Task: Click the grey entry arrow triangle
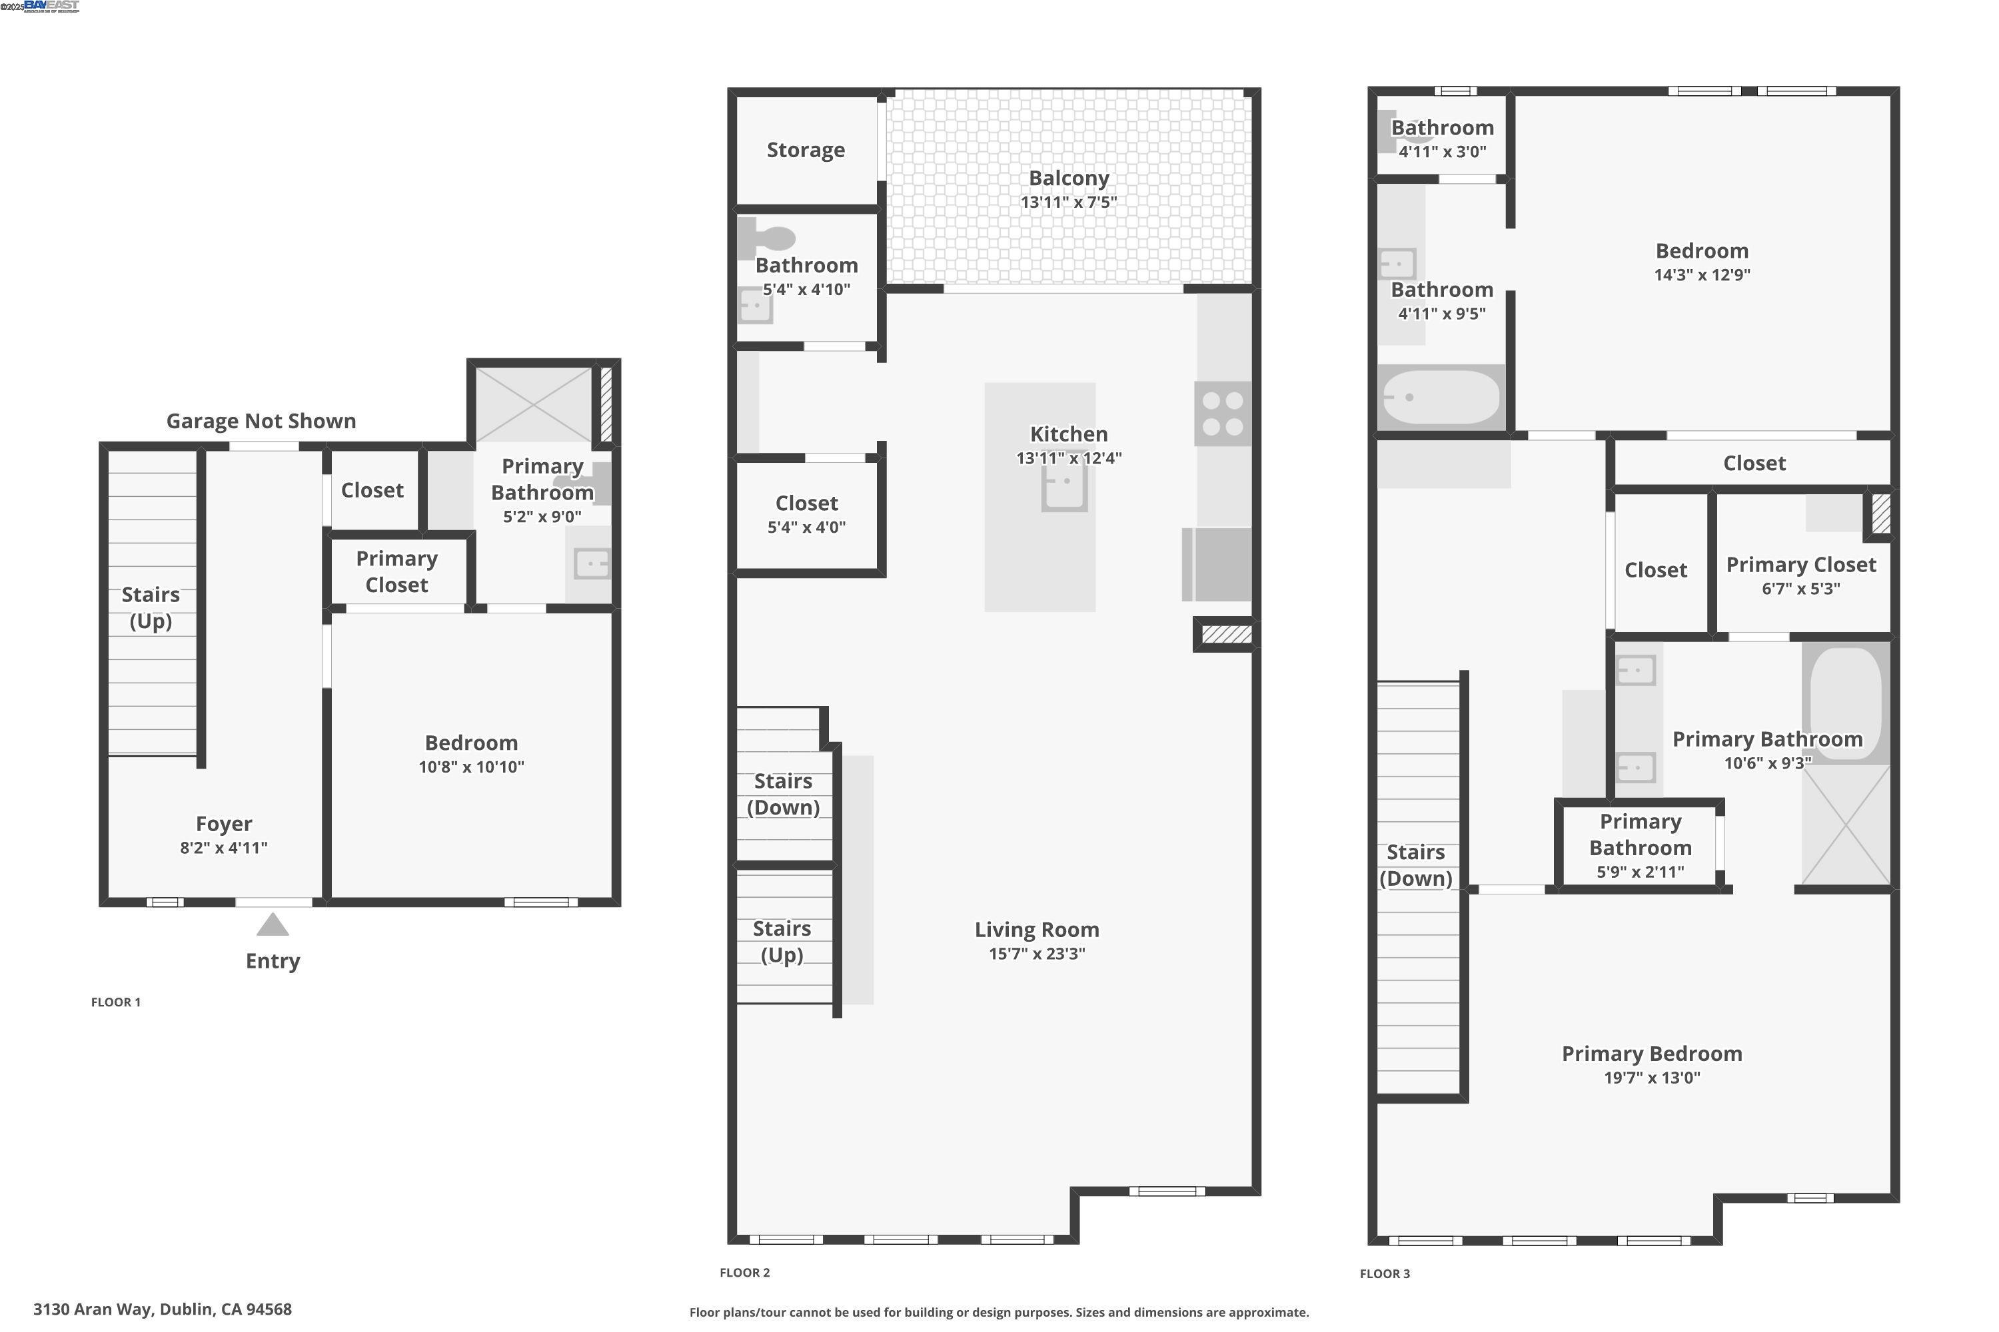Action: point(272,925)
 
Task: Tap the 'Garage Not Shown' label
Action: point(261,422)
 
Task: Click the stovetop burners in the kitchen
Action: point(1223,414)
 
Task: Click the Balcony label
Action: point(1068,178)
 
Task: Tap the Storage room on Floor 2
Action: point(806,151)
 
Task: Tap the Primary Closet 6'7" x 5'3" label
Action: point(1800,575)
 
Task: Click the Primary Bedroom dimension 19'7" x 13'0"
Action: point(1651,1078)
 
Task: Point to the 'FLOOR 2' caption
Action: point(744,1273)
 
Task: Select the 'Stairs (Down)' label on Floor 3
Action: point(1415,864)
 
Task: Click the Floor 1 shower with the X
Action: point(533,404)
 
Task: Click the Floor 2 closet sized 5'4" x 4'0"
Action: point(806,514)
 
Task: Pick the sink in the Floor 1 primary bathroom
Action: point(592,563)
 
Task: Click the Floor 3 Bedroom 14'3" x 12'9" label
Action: point(1702,262)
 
